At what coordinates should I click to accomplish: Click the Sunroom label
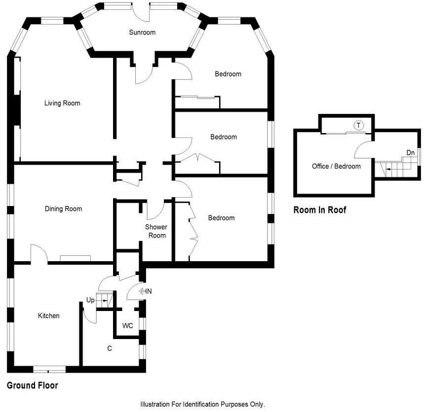pos(142,33)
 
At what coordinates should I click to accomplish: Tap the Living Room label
pos(62,103)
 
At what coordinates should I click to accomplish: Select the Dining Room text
pos(63,209)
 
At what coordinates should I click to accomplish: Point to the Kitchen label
pos(49,316)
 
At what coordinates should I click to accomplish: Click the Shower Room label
pos(155,231)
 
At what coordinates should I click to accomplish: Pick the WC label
pos(127,326)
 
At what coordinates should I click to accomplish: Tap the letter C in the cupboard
pos(110,349)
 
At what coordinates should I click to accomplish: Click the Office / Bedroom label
pos(336,166)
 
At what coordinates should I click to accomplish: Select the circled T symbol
pos(359,125)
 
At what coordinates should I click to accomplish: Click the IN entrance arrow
pos(145,291)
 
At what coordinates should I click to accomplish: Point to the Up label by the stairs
pos(90,300)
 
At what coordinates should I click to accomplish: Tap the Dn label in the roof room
pos(410,153)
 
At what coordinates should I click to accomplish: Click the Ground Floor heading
pos(33,386)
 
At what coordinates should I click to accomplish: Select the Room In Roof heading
pos(320,210)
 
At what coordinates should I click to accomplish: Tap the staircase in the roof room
pos(395,169)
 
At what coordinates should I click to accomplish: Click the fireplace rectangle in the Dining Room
pos(76,258)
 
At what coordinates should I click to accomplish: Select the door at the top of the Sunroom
pos(142,12)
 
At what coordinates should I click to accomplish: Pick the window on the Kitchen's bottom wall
pos(49,369)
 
